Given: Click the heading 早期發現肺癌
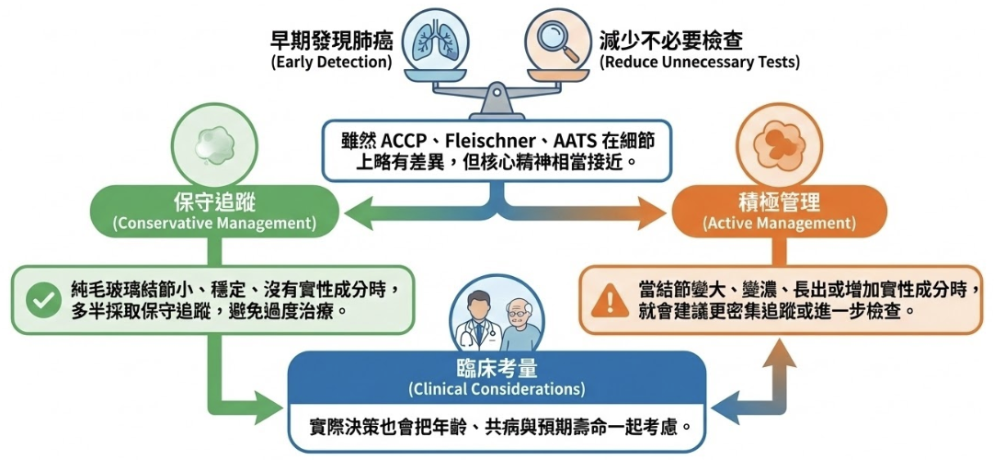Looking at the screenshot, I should tap(331, 40).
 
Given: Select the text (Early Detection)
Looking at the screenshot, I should tap(331, 63).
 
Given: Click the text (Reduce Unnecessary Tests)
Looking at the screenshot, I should tap(700, 63).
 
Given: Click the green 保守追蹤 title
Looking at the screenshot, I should tap(212, 202).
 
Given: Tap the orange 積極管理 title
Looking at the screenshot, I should tap(780, 202).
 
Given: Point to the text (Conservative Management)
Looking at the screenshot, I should tap(213, 224).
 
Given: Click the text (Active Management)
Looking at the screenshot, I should tap(780, 224).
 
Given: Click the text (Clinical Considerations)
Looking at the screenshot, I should tap(497, 388).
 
